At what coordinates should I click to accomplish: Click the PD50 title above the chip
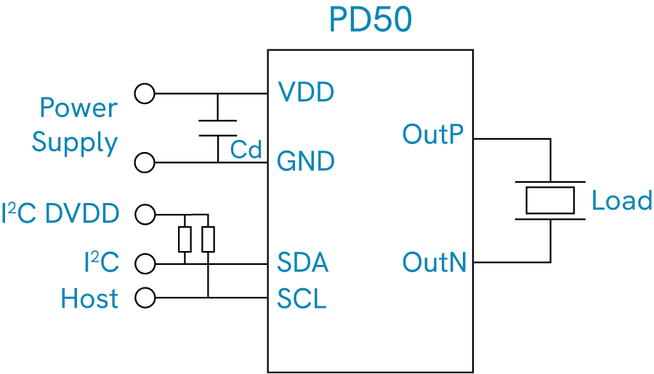coord(371,20)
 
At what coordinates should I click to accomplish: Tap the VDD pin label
coord(306,92)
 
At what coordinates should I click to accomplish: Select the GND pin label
coord(306,161)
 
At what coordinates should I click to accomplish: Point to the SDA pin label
coord(303,262)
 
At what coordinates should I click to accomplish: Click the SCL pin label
coord(302,298)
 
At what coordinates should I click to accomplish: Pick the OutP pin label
coord(433,135)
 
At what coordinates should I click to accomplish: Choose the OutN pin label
coord(435,262)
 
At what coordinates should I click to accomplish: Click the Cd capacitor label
coord(246,149)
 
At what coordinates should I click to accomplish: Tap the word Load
coord(621,201)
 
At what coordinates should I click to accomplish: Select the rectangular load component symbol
coord(550,201)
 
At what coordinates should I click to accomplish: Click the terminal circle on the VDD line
coord(145,93)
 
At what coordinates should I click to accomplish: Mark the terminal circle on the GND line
coord(145,162)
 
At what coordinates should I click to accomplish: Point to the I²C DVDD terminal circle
coord(145,215)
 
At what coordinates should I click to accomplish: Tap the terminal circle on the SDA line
coord(145,264)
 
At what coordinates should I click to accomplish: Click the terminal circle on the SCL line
coord(145,298)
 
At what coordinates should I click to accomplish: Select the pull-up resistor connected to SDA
coord(185,239)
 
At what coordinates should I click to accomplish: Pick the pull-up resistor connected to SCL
coord(208,239)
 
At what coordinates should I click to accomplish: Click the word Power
coord(78,108)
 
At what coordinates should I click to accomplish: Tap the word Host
coord(89,298)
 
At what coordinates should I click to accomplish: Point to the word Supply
coord(75,143)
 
